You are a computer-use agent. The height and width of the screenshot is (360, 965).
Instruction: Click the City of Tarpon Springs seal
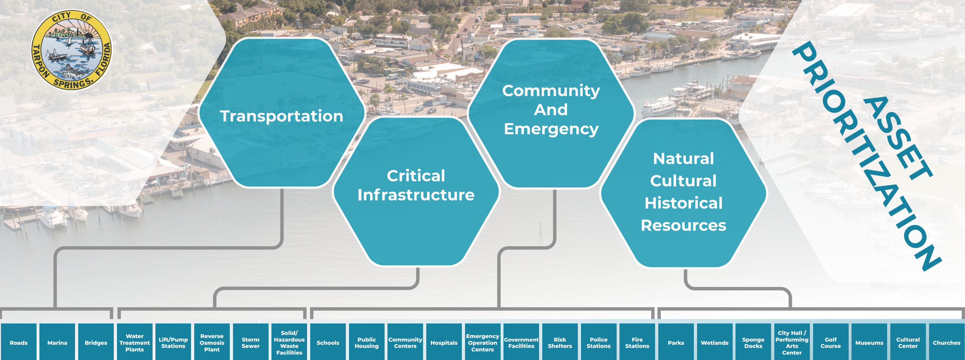(72, 50)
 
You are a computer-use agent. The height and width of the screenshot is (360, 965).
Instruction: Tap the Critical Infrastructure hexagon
(416, 191)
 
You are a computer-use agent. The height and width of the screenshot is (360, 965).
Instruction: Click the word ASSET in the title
(897, 139)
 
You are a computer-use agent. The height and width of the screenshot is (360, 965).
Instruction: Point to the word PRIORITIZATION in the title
(865, 157)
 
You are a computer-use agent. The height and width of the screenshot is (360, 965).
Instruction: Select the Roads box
(19, 343)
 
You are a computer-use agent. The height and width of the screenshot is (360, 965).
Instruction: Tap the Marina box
(57, 343)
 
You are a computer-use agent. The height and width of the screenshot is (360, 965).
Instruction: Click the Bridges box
(96, 343)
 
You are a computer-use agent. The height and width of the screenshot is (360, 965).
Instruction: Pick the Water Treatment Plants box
(134, 343)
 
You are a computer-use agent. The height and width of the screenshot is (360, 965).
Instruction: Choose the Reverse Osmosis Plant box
(212, 343)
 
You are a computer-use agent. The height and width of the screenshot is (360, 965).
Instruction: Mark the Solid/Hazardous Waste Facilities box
(289, 343)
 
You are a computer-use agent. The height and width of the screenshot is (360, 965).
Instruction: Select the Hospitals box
(444, 343)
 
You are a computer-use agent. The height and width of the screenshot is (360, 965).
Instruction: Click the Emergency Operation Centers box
(482, 343)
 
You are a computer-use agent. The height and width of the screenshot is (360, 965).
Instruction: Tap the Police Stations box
(599, 343)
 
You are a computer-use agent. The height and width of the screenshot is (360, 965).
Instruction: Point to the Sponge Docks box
(753, 343)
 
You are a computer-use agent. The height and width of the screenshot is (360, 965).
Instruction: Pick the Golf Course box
(831, 343)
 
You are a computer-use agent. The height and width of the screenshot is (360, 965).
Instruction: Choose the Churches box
(946, 343)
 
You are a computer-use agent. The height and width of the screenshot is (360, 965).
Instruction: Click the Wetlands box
(715, 343)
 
